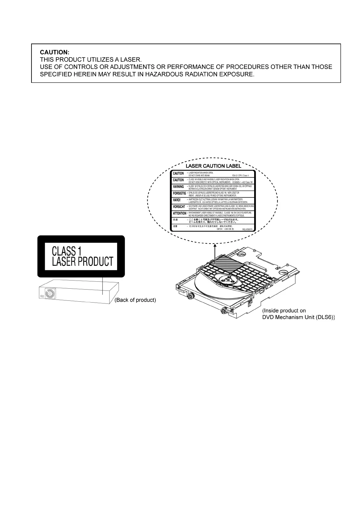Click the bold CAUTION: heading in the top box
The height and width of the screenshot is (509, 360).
(55, 52)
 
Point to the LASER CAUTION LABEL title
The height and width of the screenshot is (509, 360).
(213, 166)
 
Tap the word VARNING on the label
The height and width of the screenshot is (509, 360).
(178, 187)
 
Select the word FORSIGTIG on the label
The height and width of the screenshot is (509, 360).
(179, 193)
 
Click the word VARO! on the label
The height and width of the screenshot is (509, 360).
(177, 200)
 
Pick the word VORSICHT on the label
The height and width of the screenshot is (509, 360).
(179, 207)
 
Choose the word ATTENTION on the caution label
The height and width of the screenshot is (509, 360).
(180, 213)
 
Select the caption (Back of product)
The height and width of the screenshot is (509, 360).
(135, 300)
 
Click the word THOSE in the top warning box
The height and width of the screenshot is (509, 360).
(321, 67)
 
